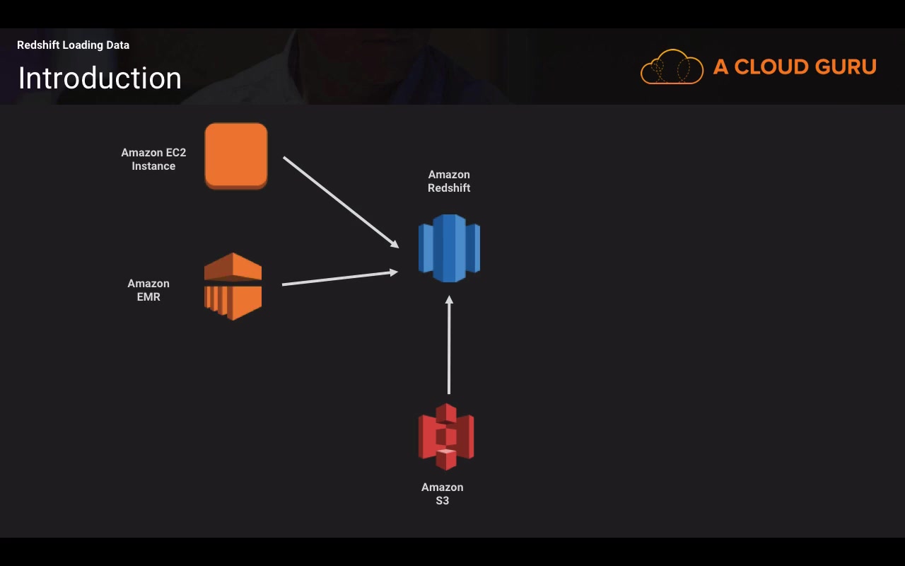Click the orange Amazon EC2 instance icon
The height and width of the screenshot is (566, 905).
(x=236, y=156)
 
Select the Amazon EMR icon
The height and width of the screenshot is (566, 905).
(x=233, y=287)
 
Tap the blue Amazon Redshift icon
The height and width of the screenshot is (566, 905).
(x=449, y=248)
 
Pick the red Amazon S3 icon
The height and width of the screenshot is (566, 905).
(x=446, y=437)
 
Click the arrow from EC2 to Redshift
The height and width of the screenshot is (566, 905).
(x=340, y=202)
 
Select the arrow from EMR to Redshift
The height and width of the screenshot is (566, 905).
(x=339, y=278)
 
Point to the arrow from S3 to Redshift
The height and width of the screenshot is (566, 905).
(x=449, y=347)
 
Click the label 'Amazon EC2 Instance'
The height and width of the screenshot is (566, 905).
(x=153, y=159)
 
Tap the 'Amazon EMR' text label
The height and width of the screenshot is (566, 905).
(x=148, y=290)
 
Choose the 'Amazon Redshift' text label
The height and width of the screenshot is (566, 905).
(x=449, y=181)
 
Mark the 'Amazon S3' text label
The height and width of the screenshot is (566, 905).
(x=443, y=494)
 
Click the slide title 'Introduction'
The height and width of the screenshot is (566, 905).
(x=100, y=78)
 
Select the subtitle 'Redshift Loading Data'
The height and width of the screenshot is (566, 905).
(x=73, y=45)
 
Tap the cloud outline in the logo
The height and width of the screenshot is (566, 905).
(x=672, y=67)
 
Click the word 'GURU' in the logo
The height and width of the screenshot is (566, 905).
(x=846, y=67)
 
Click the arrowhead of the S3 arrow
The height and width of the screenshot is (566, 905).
(x=449, y=301)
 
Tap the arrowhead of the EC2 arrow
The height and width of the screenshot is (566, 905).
(x=395, y=244)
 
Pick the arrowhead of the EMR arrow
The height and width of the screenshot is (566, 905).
(x=394, y=272)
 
